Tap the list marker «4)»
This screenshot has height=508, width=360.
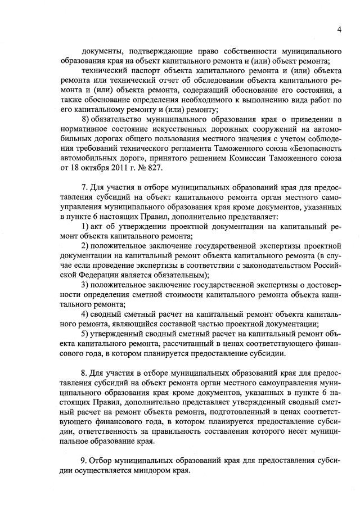(85, 313)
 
